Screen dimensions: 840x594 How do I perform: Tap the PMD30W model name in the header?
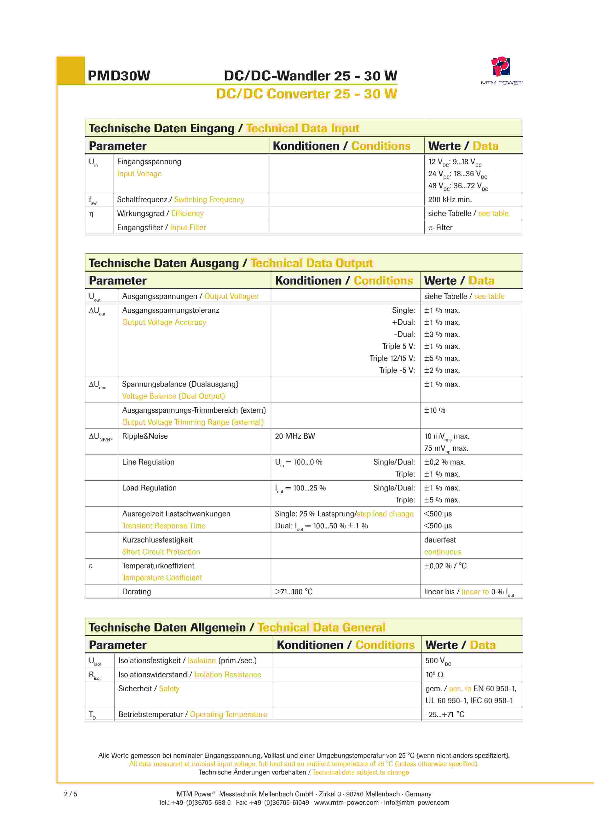(x=119, y=76)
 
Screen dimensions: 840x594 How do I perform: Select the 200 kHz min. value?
(x=450, y=199)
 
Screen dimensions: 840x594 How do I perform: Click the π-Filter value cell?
(x=440, y=227)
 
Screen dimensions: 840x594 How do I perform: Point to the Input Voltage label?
(x=139, y=174)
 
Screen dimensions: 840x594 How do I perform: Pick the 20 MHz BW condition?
(x=295, y=436)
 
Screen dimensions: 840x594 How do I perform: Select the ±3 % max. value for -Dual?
(x=442, y=334)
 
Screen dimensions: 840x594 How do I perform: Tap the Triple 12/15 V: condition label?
(x=392, y=358)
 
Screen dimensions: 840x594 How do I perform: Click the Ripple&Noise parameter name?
(x=145, y=436)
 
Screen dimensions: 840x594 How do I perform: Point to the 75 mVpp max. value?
(x=446, y=448)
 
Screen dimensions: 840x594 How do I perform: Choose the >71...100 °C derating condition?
(x=294, y=592)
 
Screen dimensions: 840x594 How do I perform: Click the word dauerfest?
(x=440, y=540)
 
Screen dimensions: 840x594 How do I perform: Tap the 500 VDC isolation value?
(x=438, y=661)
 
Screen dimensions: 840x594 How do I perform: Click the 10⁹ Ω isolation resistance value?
(x=434, y=675)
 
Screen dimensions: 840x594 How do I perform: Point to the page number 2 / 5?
(x=71, y=794)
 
